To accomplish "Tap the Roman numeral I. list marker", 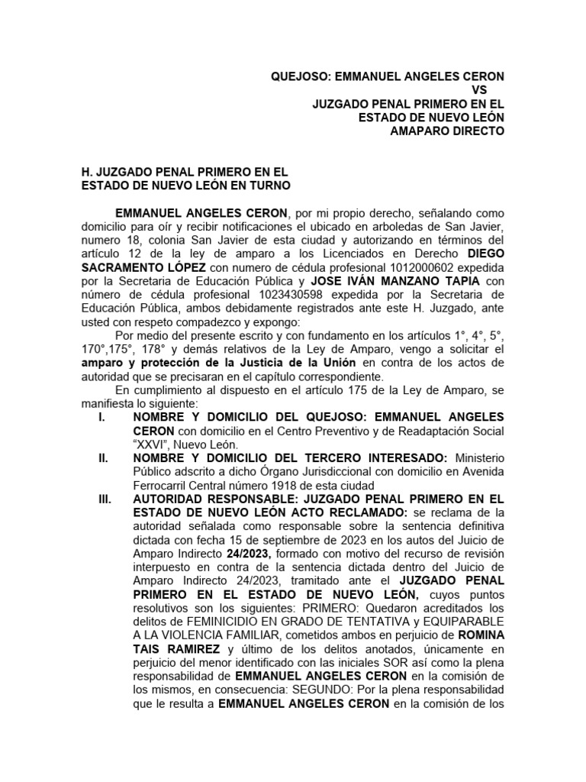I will coord(102,418).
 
